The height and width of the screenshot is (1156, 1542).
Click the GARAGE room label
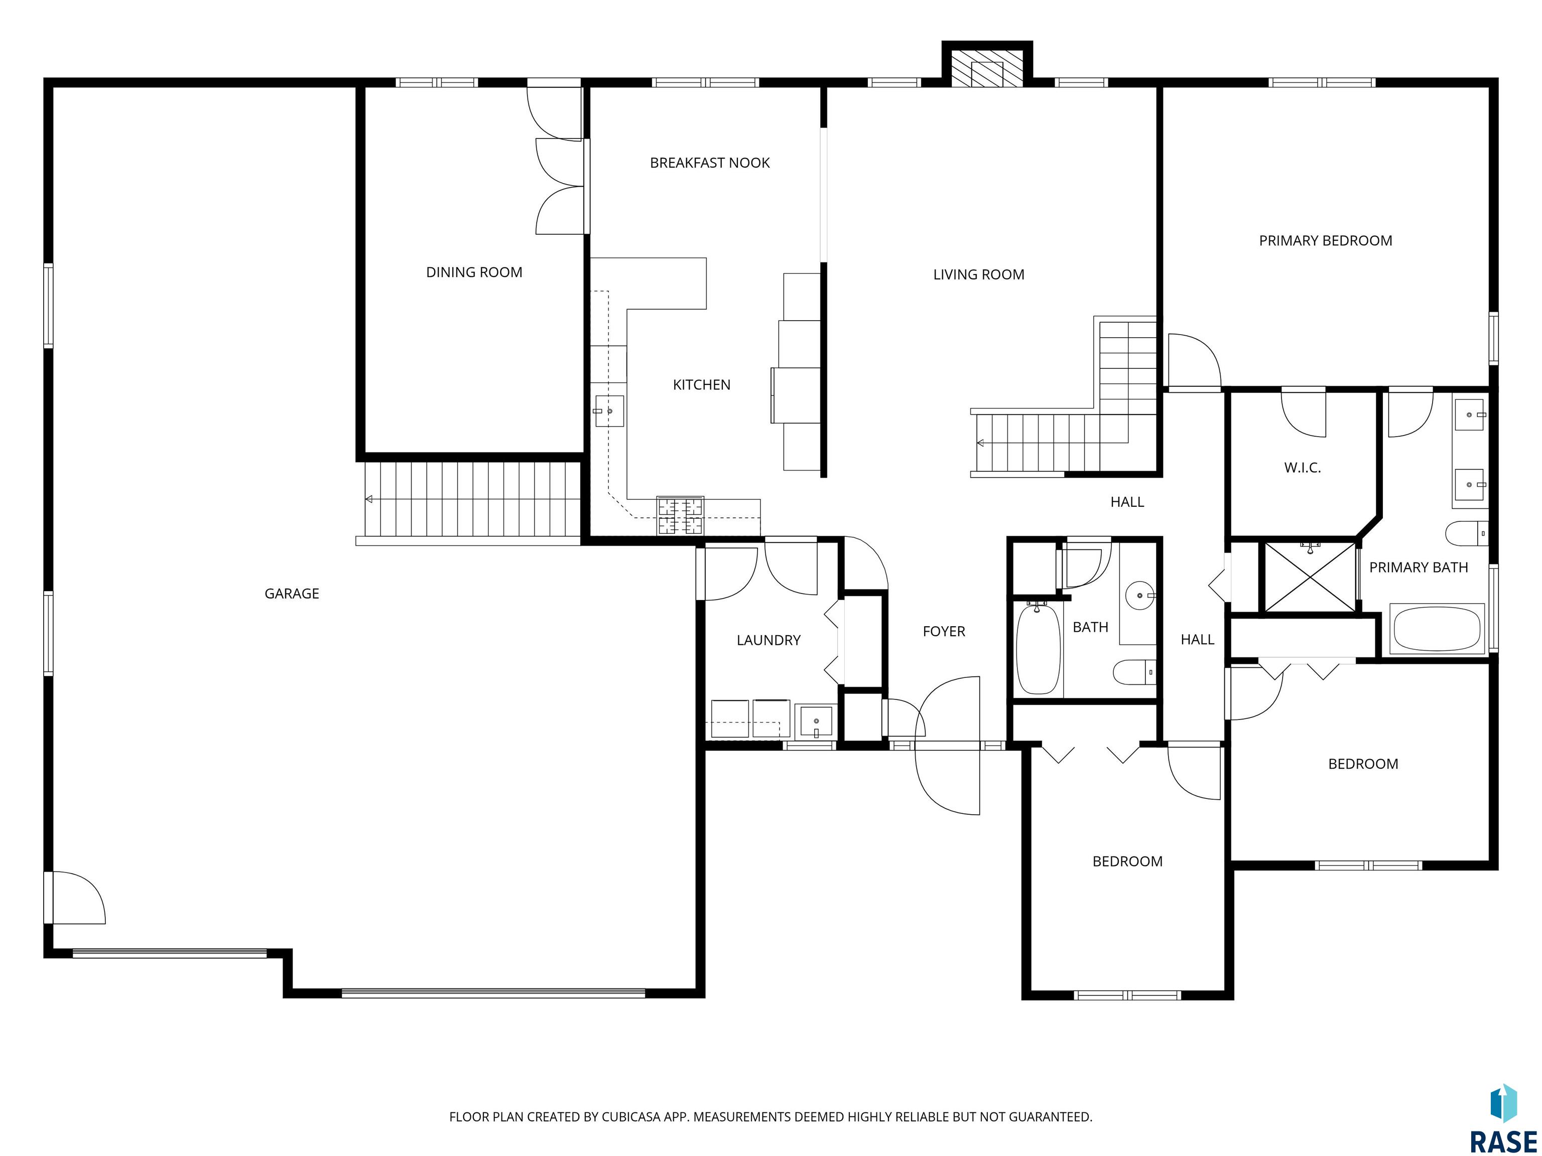click(292, 594)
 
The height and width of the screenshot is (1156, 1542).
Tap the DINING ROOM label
click(474, 272)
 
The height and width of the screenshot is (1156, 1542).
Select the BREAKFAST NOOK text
click(710, 163)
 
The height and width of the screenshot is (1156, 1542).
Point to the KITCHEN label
click(701, 385)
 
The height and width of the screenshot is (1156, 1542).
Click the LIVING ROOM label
click(979, 274)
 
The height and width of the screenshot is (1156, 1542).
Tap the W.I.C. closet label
click(1302, 468)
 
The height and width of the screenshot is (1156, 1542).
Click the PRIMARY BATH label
click(1419, 568)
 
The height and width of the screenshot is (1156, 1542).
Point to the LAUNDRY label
click(768, 640)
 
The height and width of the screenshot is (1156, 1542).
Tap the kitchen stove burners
click(680, 516)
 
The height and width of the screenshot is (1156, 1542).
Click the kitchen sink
click(608, 411)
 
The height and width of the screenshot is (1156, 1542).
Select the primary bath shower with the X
click(1311, 577)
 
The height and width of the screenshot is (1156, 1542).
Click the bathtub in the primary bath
click(1436, 629)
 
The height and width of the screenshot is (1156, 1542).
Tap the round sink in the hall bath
click(1141, 596)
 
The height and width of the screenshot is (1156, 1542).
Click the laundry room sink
click(816, 721)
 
